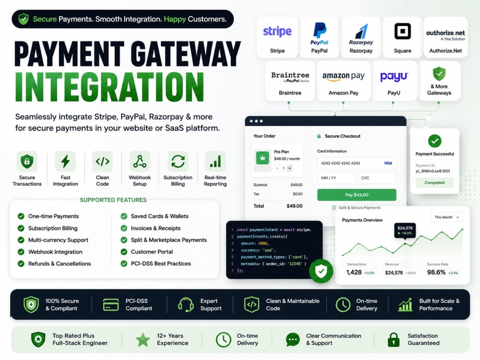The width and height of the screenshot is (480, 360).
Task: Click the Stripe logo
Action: click(277, 32)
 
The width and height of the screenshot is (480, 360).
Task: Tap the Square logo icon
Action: click(403, 31)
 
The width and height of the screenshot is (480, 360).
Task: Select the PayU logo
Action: click(394, 77)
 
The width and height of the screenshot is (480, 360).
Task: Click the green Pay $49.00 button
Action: click(357, 195)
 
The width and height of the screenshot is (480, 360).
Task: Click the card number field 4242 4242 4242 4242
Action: click(357, 163)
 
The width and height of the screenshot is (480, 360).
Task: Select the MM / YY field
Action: click(336, 178)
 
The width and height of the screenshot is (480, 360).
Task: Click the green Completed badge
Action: click(434, 183)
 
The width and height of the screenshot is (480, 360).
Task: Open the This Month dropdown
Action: click(446, 217)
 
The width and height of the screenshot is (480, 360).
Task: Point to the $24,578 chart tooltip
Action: click(405, 230)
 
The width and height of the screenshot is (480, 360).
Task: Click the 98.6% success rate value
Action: click(436, 272)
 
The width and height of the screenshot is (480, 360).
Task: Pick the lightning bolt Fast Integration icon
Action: click(65, 161)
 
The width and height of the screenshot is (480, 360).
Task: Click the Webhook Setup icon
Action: click(140, 161)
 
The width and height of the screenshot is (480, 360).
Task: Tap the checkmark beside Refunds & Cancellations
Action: click(21, 264)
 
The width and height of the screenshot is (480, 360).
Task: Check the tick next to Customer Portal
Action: click(124, 252)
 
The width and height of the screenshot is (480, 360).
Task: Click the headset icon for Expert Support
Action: click(186, 305)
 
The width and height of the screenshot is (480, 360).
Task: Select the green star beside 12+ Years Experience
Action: click(143, 340)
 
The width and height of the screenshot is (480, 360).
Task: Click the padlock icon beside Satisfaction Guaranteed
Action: click(394, 339)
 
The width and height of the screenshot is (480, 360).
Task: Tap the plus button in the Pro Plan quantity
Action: click(289, 168)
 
